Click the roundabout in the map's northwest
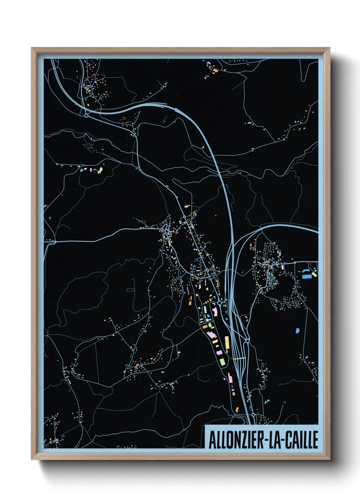click(86, 115)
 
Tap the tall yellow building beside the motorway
click(227, 344)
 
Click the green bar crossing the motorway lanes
click(239, 358)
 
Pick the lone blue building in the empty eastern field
click(297, 330)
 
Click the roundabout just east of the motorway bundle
click(247, 341)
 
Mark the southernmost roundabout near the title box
click(253, 415)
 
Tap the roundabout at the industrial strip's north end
click(220, 302)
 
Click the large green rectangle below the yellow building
click(222, 361)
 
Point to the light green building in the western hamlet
click(100, 169)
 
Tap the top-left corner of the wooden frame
click(32, 48)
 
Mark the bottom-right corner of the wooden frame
click(329, 459)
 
